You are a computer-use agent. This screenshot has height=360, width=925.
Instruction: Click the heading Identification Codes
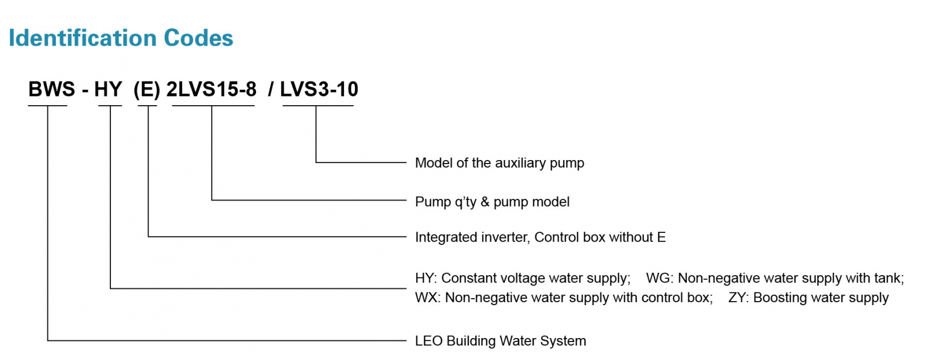(121, 38)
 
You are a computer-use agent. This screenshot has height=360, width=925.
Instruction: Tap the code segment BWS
(51, 90)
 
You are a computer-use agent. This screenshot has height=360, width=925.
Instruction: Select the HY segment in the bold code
(108, 90)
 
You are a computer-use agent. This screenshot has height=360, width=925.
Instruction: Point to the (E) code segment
(147, 90)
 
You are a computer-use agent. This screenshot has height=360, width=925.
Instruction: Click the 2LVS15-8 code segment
(212, 90)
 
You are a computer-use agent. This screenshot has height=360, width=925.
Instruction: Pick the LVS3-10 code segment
(319, 90)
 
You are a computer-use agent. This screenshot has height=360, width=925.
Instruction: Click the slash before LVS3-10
(271, 90)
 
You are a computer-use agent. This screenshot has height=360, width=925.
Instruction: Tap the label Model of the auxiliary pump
(499, 163)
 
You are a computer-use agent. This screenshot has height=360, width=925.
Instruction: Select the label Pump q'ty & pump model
(492, 202)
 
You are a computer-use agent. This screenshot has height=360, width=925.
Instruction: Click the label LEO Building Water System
(500, 341)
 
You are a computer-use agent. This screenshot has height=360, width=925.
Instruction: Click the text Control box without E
(600, 237)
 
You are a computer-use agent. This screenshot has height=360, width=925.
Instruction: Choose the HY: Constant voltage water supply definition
(523, 279)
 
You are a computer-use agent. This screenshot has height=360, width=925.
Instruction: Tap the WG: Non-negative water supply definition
(775, 279)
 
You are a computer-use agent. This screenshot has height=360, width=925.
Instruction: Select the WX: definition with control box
(564, 298)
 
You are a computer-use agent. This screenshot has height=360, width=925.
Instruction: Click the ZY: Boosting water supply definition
(808, 298)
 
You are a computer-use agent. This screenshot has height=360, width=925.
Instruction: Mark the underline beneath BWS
(48, 105)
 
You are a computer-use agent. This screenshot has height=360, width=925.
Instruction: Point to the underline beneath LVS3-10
(317, 105)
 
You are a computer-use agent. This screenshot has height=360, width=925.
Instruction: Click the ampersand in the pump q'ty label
(484, 202)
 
